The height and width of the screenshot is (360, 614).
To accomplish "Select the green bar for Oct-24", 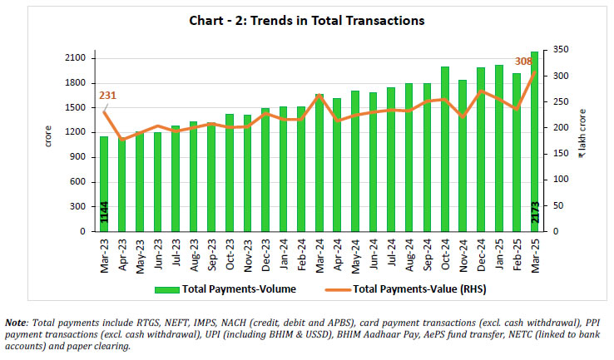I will [445, 150].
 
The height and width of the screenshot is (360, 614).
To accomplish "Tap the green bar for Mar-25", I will [535, 141].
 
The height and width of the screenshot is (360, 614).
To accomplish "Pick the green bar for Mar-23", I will [104, 183].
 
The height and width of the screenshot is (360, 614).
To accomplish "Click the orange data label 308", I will [522, 61].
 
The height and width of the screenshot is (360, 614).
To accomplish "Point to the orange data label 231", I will [107, 96].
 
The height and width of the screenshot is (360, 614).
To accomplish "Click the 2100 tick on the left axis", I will [73, 58].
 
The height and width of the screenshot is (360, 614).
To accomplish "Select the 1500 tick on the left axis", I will [73, 107].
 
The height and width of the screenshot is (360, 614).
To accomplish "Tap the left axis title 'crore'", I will [47, 138].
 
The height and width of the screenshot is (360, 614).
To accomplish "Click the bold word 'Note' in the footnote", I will [17, 322].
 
